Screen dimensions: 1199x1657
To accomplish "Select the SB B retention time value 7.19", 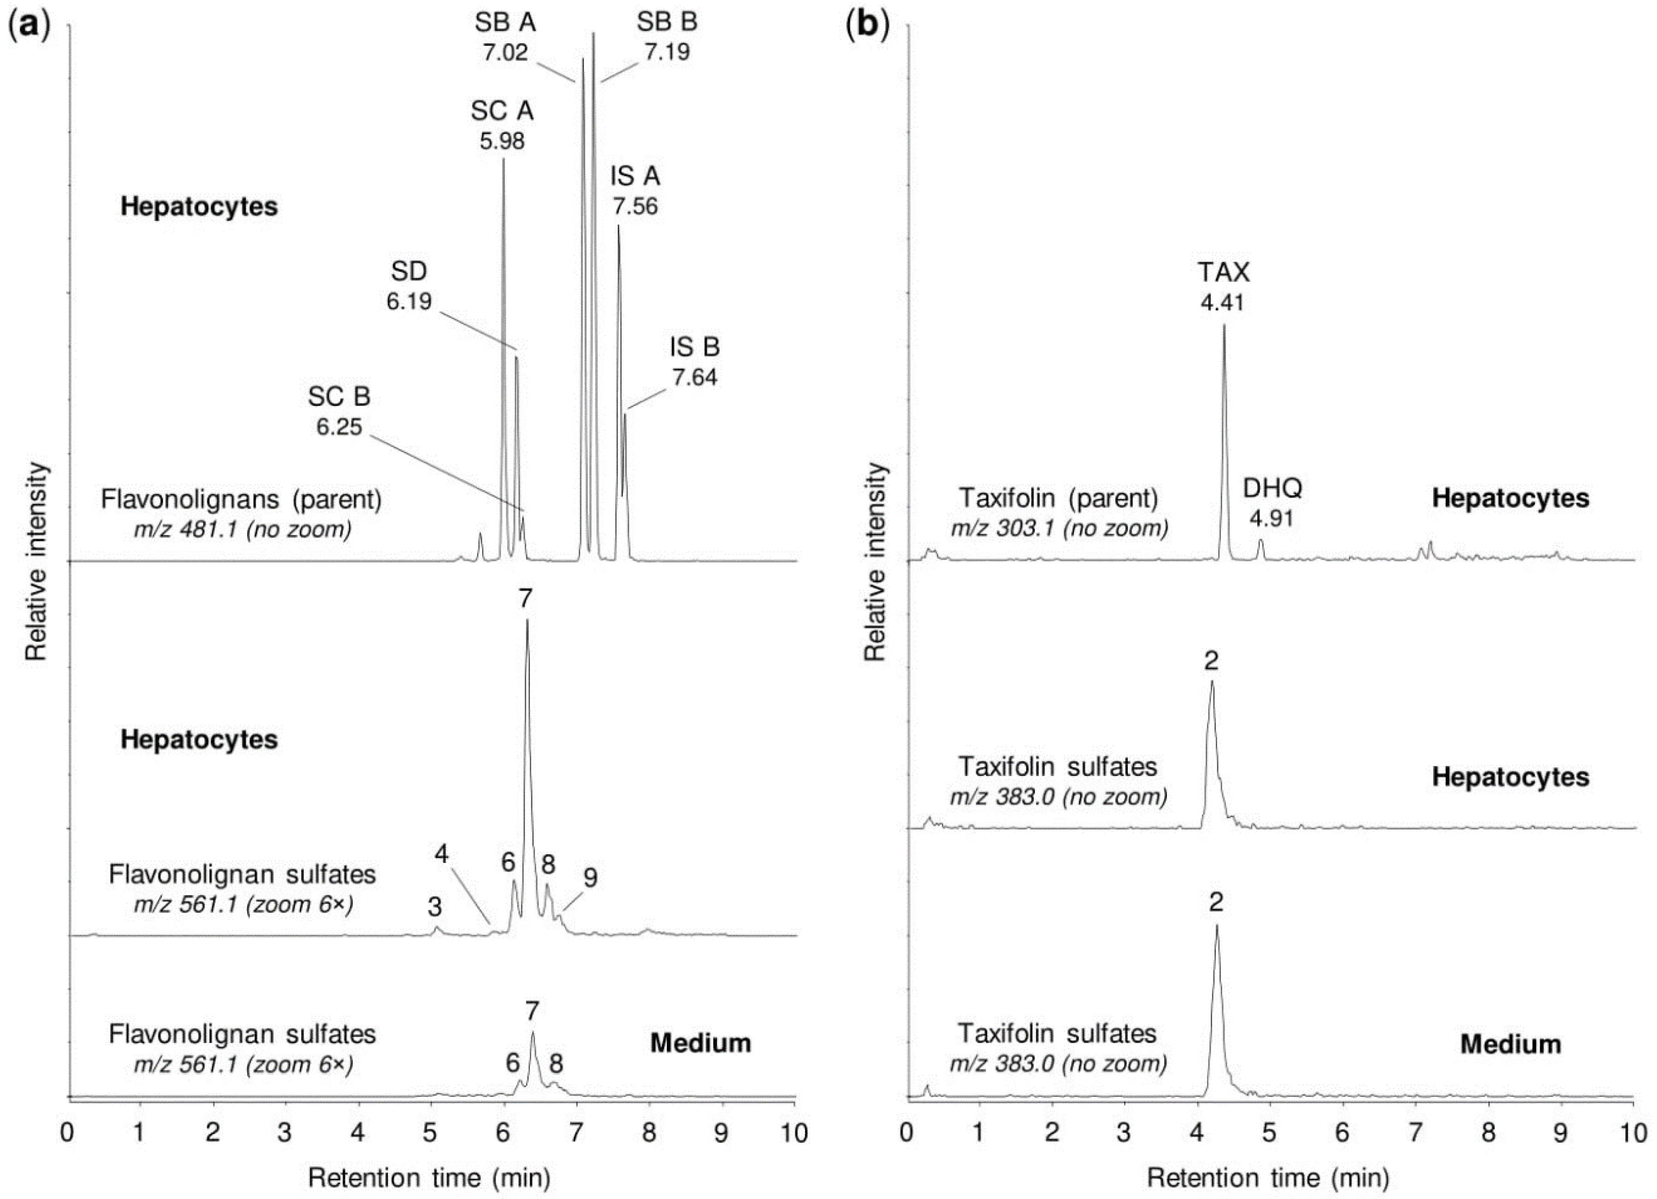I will point(667,52).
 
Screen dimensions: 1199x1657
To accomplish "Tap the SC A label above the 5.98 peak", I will point(502,112).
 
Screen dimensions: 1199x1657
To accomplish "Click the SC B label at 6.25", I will point(339,396).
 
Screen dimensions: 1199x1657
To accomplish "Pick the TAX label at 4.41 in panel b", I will point(1223,273).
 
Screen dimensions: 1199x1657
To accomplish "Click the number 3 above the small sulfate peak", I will point(435,908).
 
